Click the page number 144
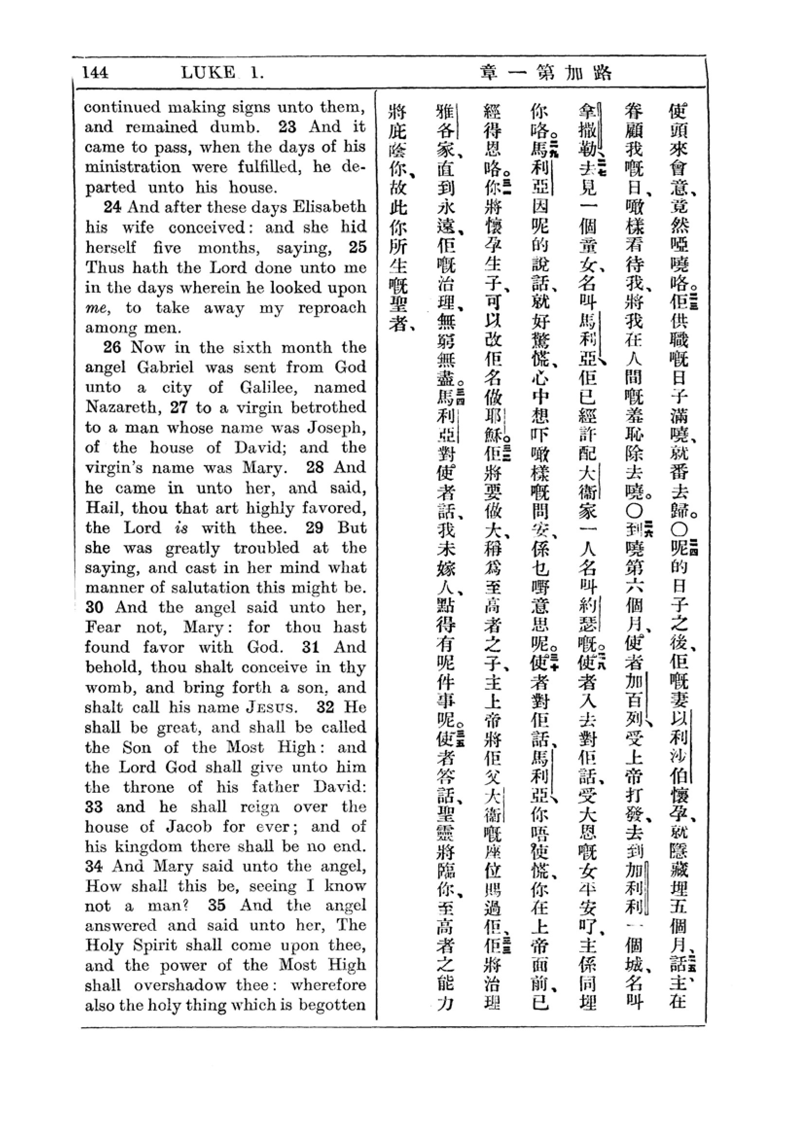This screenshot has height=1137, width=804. point(95,73)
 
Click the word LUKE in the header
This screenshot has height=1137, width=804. point(208,73)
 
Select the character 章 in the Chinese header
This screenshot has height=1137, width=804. point(489,73)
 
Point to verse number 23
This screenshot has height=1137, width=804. point(287,127)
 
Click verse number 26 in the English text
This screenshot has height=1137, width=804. point(112,347)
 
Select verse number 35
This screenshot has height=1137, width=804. point(217,905)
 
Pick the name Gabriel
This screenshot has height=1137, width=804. point(165,367)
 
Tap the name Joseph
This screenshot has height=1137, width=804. point(337,427)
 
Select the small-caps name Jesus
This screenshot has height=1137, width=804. point(272,707)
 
